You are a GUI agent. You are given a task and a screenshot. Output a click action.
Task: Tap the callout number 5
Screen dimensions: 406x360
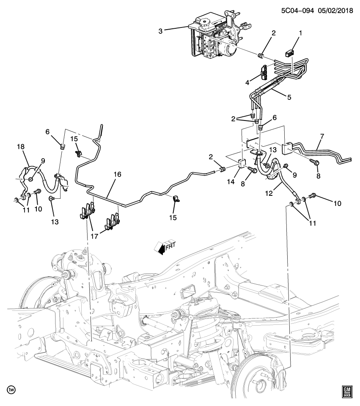(x=289, y=96)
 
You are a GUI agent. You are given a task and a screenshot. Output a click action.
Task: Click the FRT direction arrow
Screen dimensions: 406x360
(x=165, y=247)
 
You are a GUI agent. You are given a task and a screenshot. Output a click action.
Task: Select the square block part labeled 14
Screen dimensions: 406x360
(x=242, y=164)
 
